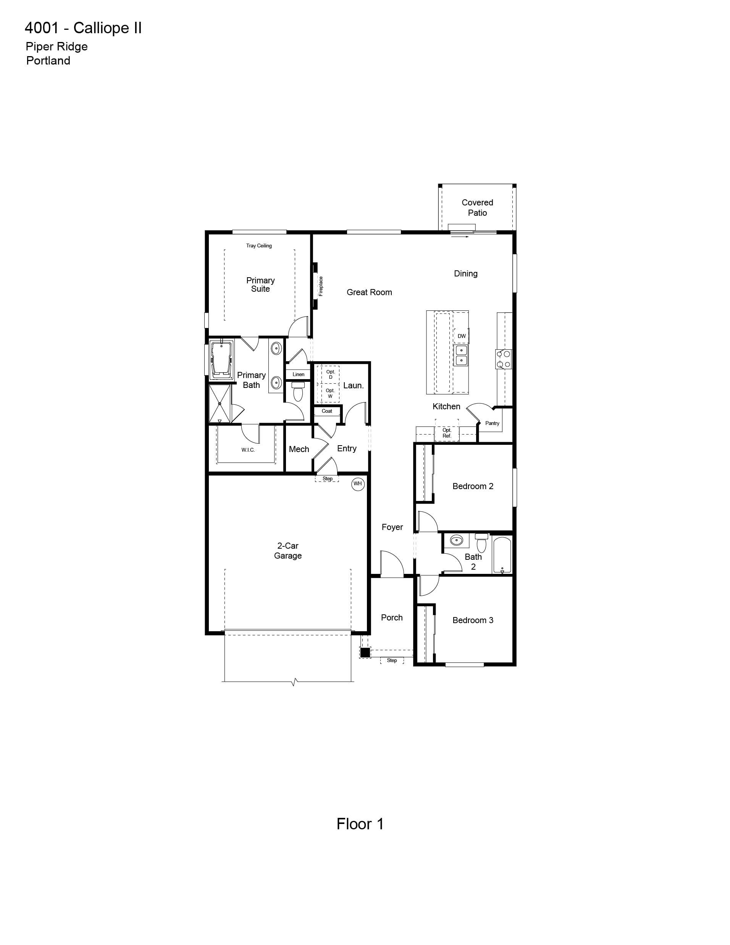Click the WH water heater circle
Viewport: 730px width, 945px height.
point(357,484)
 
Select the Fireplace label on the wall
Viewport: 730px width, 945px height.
point(321,286)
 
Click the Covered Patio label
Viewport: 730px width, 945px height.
point(477,208)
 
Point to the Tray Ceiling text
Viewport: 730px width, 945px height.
point(259,246)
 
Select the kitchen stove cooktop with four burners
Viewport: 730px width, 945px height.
point(504,359)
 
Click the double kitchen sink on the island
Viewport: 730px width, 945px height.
point(461,355)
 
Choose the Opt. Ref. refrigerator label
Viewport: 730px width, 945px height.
point(447,433)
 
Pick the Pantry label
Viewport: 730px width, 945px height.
point(492,423)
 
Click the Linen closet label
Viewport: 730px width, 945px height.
point(298,374)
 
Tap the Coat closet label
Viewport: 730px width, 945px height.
point(327,411)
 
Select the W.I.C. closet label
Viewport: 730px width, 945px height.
point(248,450)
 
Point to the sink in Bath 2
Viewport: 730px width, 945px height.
point(456,540)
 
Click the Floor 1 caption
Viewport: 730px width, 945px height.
point(360,824)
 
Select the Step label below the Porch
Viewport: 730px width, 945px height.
point(392,660)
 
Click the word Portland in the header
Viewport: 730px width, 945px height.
point(48,61)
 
